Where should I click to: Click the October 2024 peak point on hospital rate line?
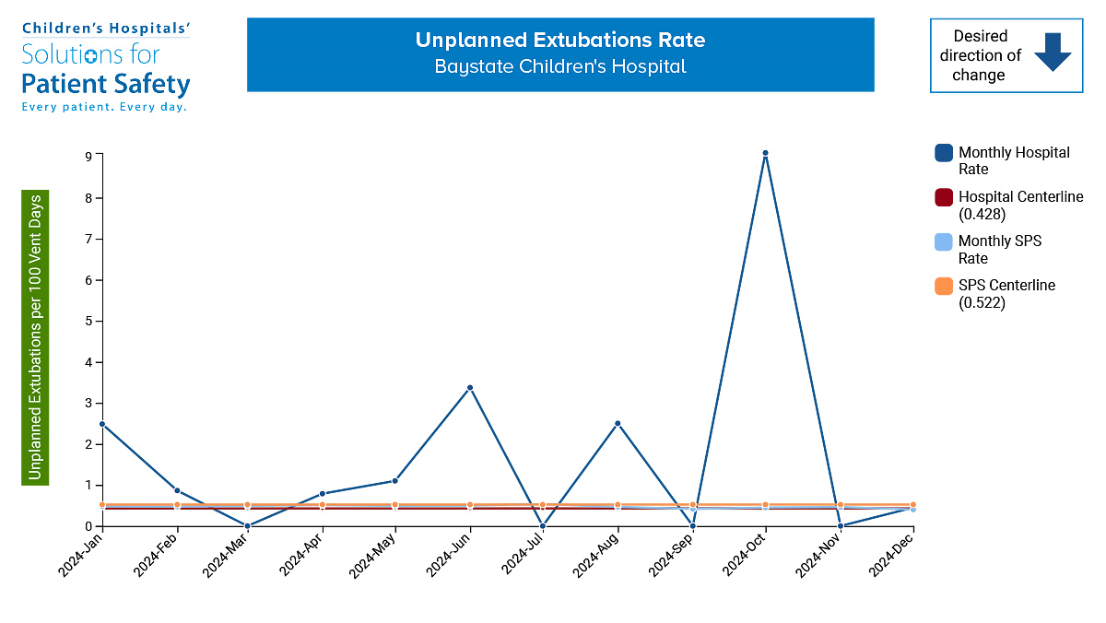[x=765, y=153]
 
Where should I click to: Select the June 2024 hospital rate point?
[x=470, y=388]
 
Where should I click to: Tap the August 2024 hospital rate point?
[x=618, y=424]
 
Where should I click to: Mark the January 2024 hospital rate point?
[x=102, y=424]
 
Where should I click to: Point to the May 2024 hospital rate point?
[x=394, y=481]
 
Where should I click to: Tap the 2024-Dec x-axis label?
[x=892, y=557]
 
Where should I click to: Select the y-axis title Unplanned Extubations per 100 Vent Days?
[x=35, y=337]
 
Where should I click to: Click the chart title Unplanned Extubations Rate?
[x=559, y=41]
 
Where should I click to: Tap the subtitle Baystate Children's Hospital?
[x=559, y=67]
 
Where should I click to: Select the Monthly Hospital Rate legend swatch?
[x=943, y=153]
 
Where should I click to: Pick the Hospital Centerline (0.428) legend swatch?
[x=943, y=197]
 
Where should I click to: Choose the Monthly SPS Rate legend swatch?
[x=943, y=241]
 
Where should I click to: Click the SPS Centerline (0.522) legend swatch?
[x=943, y=286]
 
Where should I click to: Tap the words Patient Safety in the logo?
[x=105, y=86]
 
